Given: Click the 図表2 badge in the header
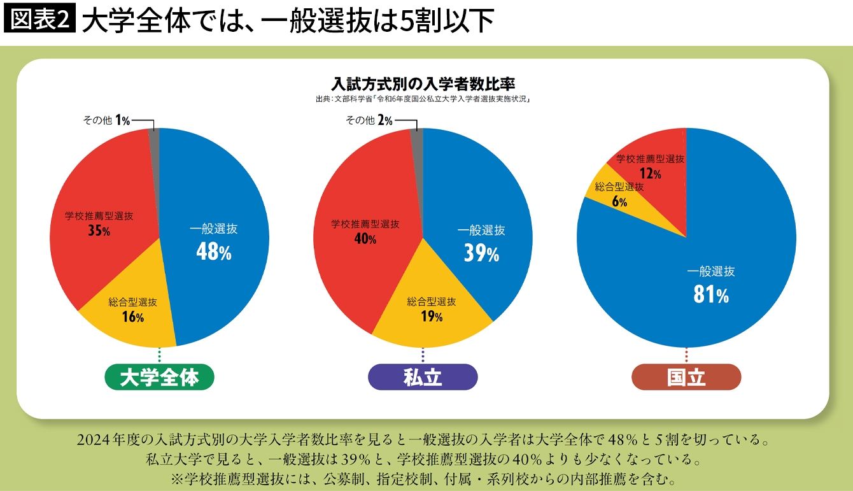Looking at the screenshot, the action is point(39,18).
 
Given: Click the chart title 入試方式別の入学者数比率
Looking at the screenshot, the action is point(423,83).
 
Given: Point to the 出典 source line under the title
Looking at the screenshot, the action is point(423,99).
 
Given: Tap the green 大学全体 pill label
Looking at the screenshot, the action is point(159,377).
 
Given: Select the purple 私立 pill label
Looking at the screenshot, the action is point(423,377).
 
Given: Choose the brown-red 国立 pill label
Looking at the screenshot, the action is point(686,377).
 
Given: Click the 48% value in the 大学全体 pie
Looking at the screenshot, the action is point(214,252).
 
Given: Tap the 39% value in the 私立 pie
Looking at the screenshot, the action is point(481,253).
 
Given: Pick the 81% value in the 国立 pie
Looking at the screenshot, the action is point(711,294).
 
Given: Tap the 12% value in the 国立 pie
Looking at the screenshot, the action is point(651,174).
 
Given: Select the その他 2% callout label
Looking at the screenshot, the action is point(369,120).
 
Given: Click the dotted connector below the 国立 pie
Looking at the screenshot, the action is point(686,355).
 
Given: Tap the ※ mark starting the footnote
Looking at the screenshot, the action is point(177,479).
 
